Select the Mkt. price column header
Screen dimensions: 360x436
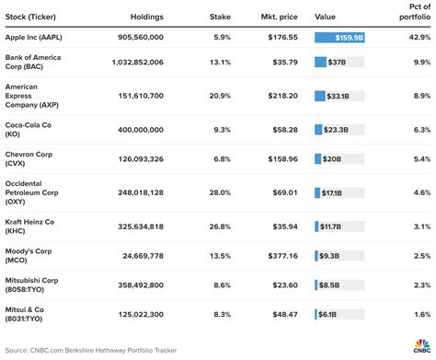tap(275, 16)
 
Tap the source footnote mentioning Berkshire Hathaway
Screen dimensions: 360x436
tap(87, 351)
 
